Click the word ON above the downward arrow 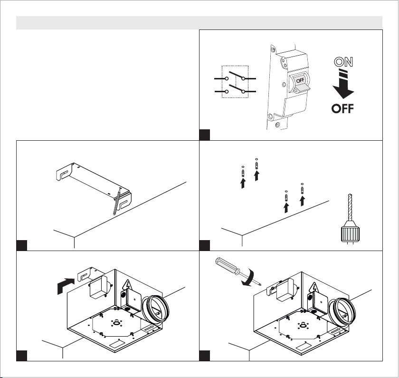(x=343, y=62)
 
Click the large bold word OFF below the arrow (x=342, y=109)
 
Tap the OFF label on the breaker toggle (x=300, y=80)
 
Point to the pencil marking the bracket (x=117, y=202)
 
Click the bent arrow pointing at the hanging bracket (x=66, y=285)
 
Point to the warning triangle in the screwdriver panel (x=314, y=287)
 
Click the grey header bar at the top (x=199, y=23)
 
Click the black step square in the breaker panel (x=205, y=135)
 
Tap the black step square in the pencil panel (x=22, y=245)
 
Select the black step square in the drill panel (x=205, y=245)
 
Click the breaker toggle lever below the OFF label (x=302, y=88)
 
